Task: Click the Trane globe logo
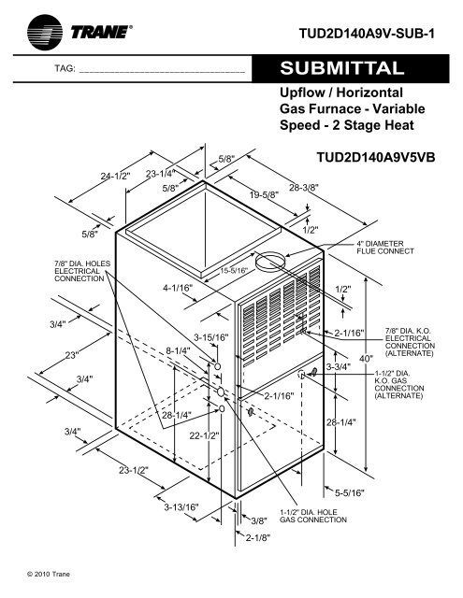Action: [x=45, y=33]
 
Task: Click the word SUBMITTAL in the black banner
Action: [x=342, y=68]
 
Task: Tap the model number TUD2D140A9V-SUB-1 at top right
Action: [x=367, y=34]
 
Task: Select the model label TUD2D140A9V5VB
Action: [x=376, y=157]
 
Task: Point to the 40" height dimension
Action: [x=366, y=359]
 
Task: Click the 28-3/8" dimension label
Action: [x=304, y=188]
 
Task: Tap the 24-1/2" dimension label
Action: [x=116, y=176]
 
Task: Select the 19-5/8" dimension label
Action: [x=265, y=194]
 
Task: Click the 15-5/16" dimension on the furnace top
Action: [x=234, y=271]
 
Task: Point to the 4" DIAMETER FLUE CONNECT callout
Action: [x=385, y=247]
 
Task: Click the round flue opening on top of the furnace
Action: [x=270, y=262]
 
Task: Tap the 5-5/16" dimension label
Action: [x=350, y=492]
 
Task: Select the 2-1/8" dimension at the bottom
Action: [x=257, y=538]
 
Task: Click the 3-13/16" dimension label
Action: [x=181, y=507]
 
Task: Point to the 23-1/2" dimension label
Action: [x=134, y=470]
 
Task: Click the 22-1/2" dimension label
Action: [x=205, y=435]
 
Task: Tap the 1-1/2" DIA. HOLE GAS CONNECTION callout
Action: [x=313, y=516]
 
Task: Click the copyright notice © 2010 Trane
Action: [x=49, y=574]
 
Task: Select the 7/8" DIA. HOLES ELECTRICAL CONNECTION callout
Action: [x=82, y=271]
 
